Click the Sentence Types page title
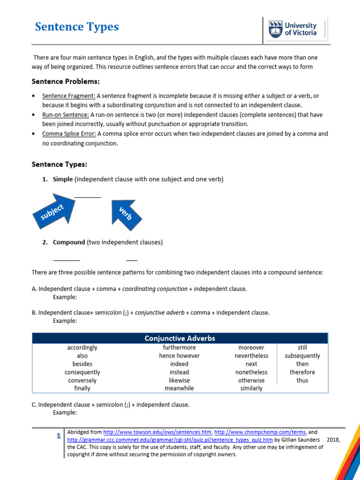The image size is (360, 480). point(77,27)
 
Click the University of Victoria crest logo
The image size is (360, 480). point(276,29)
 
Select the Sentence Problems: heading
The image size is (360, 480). point(66,81)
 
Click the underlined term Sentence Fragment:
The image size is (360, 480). point(69,96)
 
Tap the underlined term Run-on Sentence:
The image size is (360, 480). point(66,115)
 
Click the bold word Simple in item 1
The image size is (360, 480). point(63,180)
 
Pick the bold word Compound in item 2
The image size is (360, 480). point(69,242)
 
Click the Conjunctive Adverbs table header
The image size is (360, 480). point(180,338)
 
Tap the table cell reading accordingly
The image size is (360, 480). point(82,348)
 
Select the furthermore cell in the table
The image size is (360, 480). point(179,348)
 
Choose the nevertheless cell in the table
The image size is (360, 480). point(251,356)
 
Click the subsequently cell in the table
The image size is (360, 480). point(302,356)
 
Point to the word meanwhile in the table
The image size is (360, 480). point(179,388)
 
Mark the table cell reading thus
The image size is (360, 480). point(302,380)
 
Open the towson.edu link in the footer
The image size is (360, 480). point(157,432)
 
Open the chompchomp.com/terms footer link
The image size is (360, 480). point(260,432)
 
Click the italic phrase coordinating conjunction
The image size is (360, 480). point(155,289)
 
